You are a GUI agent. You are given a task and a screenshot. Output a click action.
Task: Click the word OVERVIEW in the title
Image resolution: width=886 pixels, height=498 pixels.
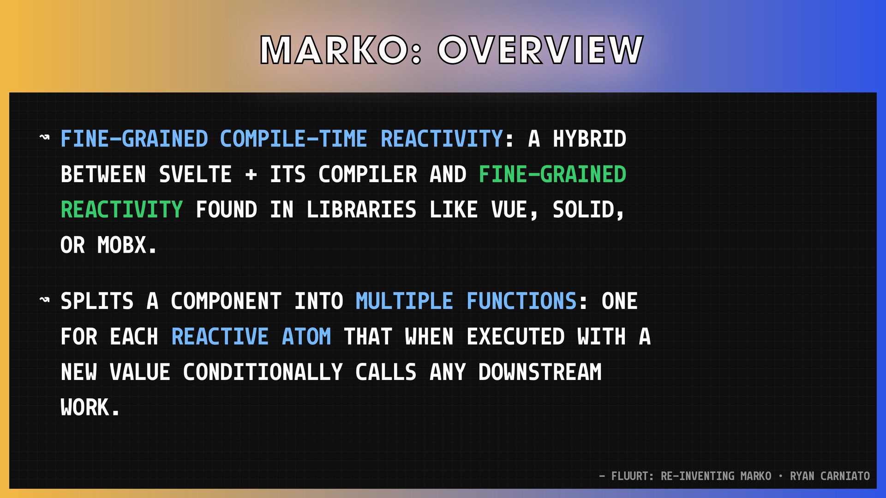pos(540,50)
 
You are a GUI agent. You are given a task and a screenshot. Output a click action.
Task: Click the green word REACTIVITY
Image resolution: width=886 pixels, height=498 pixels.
pos(122,210)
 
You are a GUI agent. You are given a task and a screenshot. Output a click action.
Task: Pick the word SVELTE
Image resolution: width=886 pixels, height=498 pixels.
pos(195,175)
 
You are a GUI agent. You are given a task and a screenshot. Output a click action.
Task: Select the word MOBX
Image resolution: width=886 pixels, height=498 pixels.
pos(122,245)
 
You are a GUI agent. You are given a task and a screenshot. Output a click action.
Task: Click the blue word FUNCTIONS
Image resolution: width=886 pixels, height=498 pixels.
pos(521,302)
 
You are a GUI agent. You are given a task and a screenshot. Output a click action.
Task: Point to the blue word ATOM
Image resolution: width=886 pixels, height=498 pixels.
pos(306,337)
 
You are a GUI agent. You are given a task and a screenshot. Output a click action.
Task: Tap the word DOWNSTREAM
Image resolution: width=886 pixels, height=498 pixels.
pos(540,373)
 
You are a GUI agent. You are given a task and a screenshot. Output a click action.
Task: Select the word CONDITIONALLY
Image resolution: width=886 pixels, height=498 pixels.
pos(263,373)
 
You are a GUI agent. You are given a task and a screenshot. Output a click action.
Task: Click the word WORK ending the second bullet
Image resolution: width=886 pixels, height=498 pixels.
pos(85,408)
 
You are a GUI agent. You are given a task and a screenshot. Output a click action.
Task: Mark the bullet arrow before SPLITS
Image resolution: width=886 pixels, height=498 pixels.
pos(45,300)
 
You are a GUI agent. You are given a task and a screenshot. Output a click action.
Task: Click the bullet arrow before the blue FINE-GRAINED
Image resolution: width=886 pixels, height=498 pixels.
pos(45,137)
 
